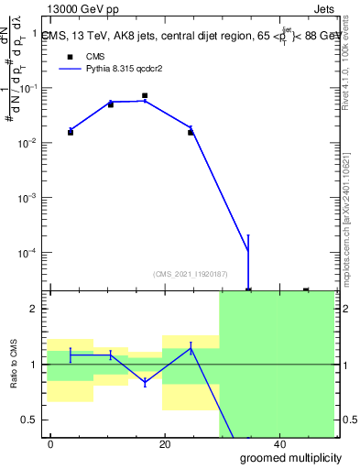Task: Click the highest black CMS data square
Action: [145, 95]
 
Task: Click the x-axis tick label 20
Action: [165, 443]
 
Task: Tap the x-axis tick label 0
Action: [51, 443]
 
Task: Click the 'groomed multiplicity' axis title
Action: [292, 458]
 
